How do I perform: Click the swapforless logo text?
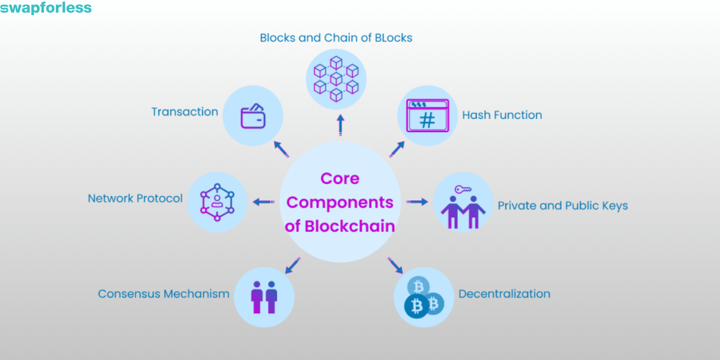tap(46, 8)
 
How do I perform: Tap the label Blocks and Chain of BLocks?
tap(336, 38)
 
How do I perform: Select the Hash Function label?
tap(502, 115)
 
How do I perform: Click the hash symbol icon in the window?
tap(427, 120)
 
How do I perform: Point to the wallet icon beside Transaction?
tap(253, 116)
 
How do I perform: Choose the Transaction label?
tap(185, 112)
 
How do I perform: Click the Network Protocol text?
tap(135, 198)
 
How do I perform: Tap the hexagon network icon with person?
tap(217, 202)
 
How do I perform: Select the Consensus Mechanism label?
tap(164, 294)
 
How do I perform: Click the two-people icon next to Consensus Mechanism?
tap(264, 296)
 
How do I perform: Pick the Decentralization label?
tap(504, 294)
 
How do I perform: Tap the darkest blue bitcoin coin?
tap(416, 306)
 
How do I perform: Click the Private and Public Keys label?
tap(562, 206)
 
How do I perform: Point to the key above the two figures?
tap(463, 190)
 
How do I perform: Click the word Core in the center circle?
tap(340, 179)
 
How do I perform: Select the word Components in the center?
tap(340, 202)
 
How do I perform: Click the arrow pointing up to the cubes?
tap(340, 125)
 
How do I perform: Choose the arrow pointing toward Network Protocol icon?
tap(263, 202)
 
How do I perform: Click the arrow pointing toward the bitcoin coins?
tap(395, 265)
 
